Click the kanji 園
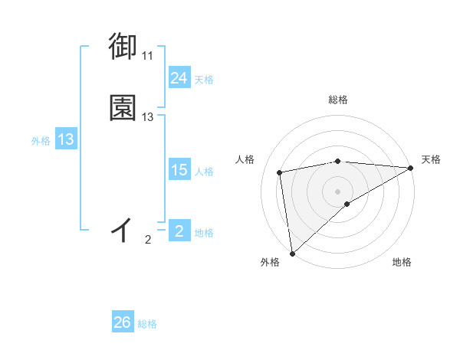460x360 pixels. (x=123, y=108)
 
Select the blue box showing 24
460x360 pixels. (x=179, y=78)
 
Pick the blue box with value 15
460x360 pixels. (x=179, y=170)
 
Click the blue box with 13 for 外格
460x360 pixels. (x=65, y=140)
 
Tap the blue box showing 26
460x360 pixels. (x=123, y=322)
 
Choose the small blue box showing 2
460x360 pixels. (x=179, y=231)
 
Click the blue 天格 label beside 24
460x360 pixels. (x=204, y=80)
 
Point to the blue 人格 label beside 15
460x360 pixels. (x=204, y=172)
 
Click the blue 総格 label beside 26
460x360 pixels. (x=147, y=324)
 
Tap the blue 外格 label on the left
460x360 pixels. (x=41, y=141)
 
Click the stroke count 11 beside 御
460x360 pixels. (x=147, y=56)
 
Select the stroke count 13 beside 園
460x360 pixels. (x=148, y=117)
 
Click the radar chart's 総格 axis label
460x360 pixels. (x=338, y=100)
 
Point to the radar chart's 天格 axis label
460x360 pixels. (x=431, y=159)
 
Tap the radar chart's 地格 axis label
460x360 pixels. (x=402, y=262)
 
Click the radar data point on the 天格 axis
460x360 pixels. (x=411, y=168)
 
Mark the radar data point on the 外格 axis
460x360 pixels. (x=292, y=252)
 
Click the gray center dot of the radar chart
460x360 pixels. (x=338, y=191)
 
